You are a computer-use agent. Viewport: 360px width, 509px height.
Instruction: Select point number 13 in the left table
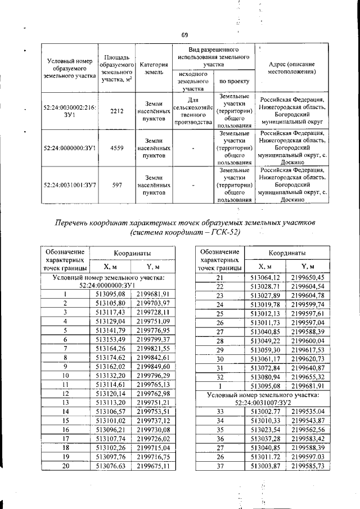tap(65, 402)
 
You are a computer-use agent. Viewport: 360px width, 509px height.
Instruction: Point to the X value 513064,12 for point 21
tap(265, 277)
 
